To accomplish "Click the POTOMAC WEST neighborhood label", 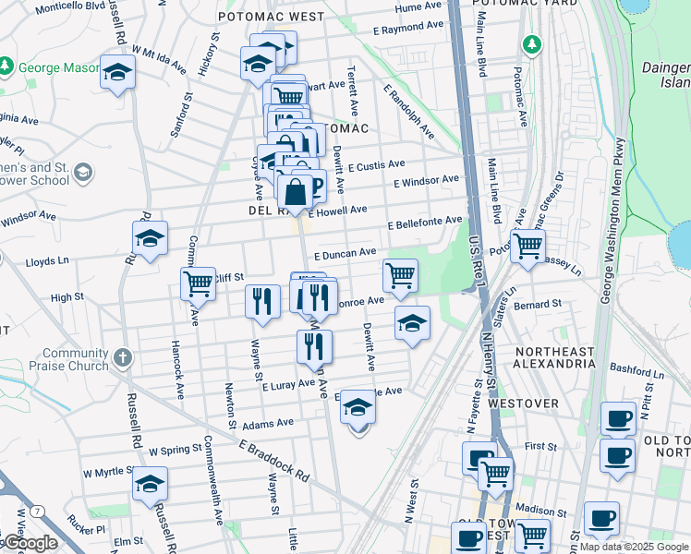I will [271, 17].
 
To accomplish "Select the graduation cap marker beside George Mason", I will [117, 72].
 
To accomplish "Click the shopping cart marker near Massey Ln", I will [527, 247].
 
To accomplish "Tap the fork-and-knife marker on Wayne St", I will [262, 301].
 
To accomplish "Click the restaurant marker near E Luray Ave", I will [314, 346].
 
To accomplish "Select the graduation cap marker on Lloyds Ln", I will [150, 238].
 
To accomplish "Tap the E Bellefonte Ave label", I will [424, 223].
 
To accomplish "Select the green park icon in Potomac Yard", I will [531, 43].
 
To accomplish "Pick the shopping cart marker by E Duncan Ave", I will [399, 274].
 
